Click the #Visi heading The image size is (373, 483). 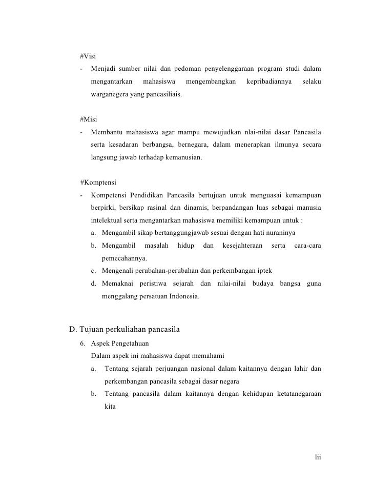click(x=89, y=55)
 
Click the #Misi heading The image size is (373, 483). click(x=89, y=119)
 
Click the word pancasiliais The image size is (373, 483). click(x=163, y=95)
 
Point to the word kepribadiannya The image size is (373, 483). click(x=269, y=82)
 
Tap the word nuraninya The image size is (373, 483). click(x=270, y=233)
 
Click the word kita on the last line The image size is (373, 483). click(x=110, y=407)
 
